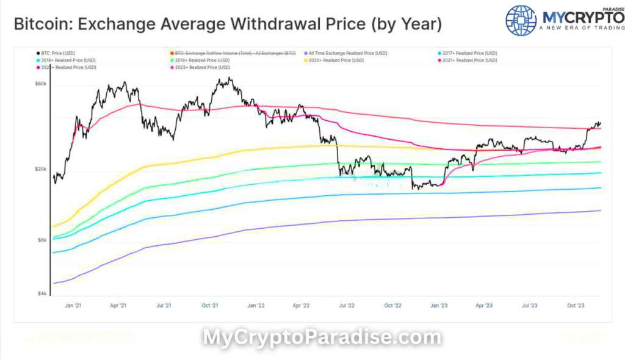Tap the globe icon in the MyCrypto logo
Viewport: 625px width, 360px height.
pos(521,20)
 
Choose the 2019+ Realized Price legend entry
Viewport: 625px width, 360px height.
pos(201,60)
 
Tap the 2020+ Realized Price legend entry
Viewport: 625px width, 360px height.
pos(336,60)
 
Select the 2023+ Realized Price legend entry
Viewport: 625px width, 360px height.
pos(201,67)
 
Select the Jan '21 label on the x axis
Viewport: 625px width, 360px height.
pos(73,305)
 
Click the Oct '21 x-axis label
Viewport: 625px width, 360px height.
pos(211,305)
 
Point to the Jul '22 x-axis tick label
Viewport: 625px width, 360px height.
pos(347,305)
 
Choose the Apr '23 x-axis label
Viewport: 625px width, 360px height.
pos(483,305)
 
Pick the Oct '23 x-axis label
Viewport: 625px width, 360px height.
pos(575,305)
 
